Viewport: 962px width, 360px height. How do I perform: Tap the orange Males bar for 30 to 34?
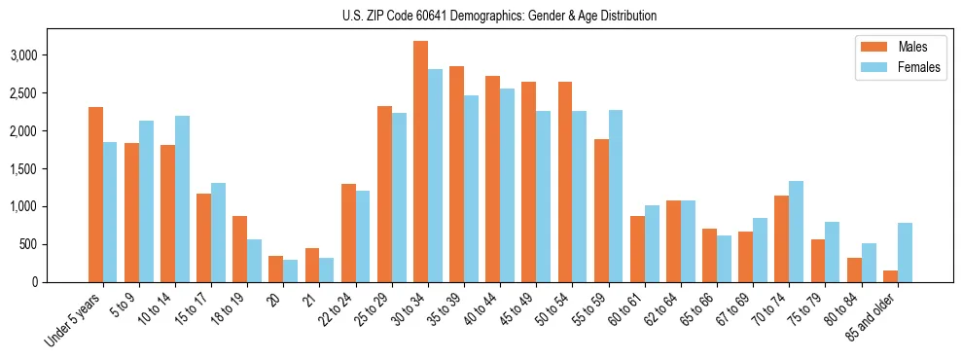[x=420, y=162]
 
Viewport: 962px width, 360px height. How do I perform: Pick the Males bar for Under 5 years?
[x=95, y=195]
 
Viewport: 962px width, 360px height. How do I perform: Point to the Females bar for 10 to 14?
[x=182, y=198]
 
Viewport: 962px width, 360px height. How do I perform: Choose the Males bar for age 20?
[x=275, y=269]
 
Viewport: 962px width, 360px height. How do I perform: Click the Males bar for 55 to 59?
[x=601, y=210]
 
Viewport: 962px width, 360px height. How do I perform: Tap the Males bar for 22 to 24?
[x=348, y=233]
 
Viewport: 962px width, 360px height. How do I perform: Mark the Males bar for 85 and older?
[x=890, y=275]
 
